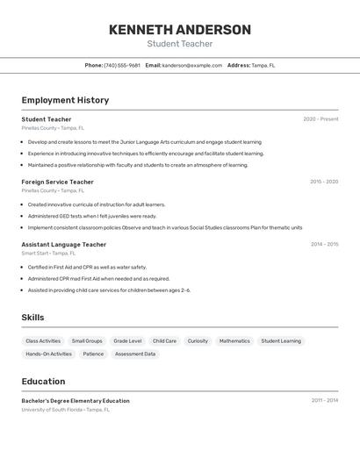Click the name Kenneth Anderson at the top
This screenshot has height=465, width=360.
click(x=179, y=30)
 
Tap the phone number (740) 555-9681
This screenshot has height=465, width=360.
click(x=121, y=66)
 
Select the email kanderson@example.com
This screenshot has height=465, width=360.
click(x=191, y=66)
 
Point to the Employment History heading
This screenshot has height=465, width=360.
click(x=65, y=100)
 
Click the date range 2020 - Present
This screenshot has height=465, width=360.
click(x=320, y=119)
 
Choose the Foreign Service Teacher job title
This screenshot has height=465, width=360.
click(x=58, y=182)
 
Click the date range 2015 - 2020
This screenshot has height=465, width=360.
click(x=323, y=182)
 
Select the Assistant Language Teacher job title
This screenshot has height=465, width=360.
click(x=64, y=245)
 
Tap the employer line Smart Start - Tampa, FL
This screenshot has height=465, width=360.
click(x=49, y=254)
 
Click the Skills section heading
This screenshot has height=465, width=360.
click(x=33, y=318)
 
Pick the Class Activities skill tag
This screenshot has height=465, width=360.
click(x=43, y=341)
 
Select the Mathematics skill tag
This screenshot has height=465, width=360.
click(x=234, y=341)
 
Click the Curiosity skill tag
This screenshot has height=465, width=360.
click(x=198, y=341)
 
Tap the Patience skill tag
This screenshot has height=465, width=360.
click(x=93, y=354)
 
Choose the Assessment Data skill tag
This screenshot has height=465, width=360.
click(x=135, y=354)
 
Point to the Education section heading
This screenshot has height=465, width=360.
click(x=43, y=382)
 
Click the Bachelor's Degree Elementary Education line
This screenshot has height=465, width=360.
click(x=76, y=401)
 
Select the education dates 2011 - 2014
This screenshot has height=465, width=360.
click(x=324, y=401)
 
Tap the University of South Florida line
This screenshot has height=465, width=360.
click(x=66, y=410)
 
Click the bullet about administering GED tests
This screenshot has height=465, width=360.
click(x=92, y=216)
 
